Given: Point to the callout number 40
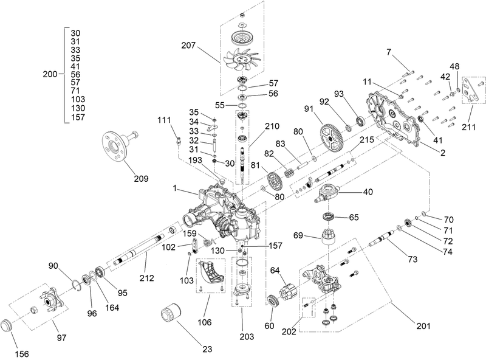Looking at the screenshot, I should [x=368, y=190].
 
